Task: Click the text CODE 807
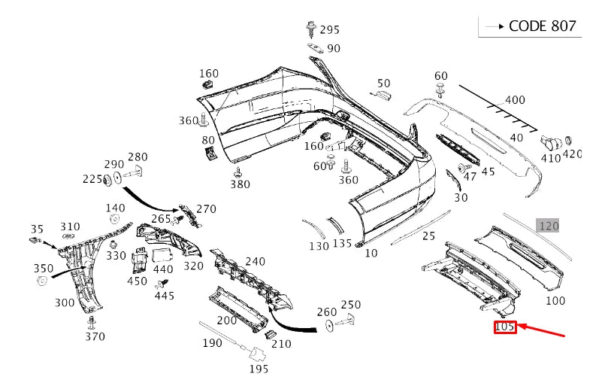click(x=542, y=26)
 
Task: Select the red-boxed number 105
click(x=505, y=327)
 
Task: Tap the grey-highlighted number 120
click(x=548, y=226)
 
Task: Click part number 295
click(x=329, y=30)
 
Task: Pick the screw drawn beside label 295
click(x=311, y=29)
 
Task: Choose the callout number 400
click(x=515, y=100)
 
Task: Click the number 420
click(x=572, y=154)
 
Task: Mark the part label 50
click(x=383, y=84)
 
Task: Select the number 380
click(x=240, y=184)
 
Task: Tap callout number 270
click(x=206, y=209)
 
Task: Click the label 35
click(x=38, y=229)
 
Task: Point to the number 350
click(x=43, y=268)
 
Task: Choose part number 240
click(x=256, y=262)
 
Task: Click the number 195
click(x=259, y=369)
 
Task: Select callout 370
click(x=95, y=336)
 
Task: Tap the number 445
click(x=164, y=296)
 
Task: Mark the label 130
click(x=319, y=246)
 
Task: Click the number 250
click(x=351, y=305)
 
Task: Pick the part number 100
click(x=555, y=301)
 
